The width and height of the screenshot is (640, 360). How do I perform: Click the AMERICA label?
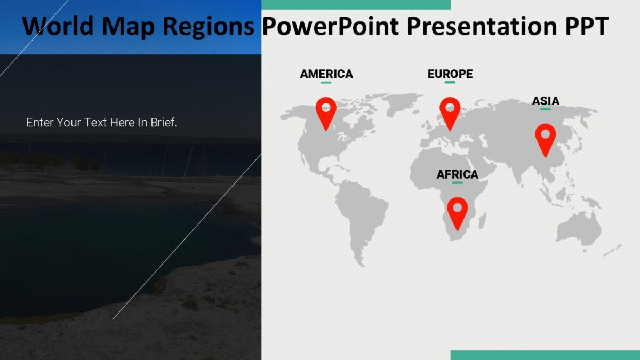click(x=326, y=74)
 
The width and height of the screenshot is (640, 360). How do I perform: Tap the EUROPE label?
click(x=450, y=74)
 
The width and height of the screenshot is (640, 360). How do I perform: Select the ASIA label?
click(x=546, y=101)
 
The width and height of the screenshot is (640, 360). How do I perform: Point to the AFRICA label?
click(x=457, y=174)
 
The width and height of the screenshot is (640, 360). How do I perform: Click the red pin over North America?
click(x=326, y=111)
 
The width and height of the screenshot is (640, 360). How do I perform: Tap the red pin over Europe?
click(x=450, y=111)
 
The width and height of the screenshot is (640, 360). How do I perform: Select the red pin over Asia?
click(x=545, y=138)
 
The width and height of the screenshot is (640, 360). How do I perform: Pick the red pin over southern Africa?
click(x=458, y=211)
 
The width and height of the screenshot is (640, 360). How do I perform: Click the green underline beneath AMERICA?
click(x=326, y=83)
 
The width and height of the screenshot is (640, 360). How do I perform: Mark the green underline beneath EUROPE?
click(x=450, y=83)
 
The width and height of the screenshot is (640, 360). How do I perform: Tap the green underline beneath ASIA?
click(x=545, y=109)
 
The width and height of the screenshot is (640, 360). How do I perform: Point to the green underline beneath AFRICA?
click(x=457, y=183)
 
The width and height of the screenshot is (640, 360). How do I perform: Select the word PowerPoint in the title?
click(x=331, y=26)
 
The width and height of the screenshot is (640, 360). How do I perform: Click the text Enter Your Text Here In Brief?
click(x=101, y=123)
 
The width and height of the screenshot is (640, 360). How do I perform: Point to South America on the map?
click(x=360, y=213)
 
